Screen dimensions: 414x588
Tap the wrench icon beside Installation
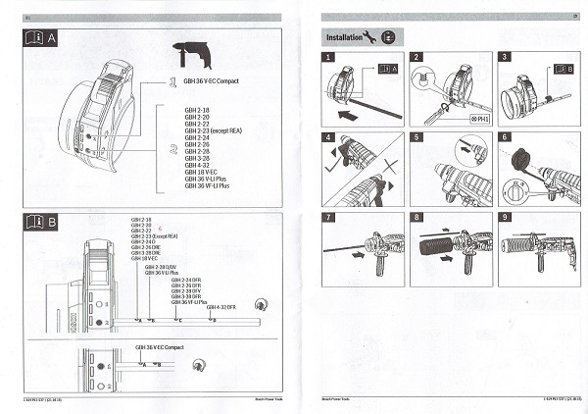tap(368, 36)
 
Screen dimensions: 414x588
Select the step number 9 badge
tap(504, 213)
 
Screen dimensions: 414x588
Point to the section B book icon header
tap(38, 221)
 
